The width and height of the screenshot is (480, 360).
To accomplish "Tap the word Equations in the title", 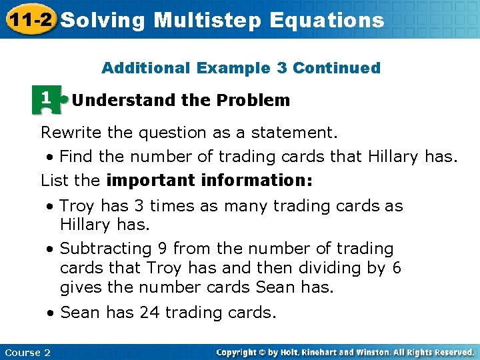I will click(x=327, y=20).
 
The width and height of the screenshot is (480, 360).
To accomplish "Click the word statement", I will click(x=300, y=133).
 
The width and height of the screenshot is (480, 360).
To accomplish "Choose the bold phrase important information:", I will click(x=209, y=180).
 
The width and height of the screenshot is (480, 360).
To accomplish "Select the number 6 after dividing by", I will click(x=396, y=268).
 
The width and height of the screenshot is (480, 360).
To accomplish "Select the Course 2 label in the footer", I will click(x=27, y=352).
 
